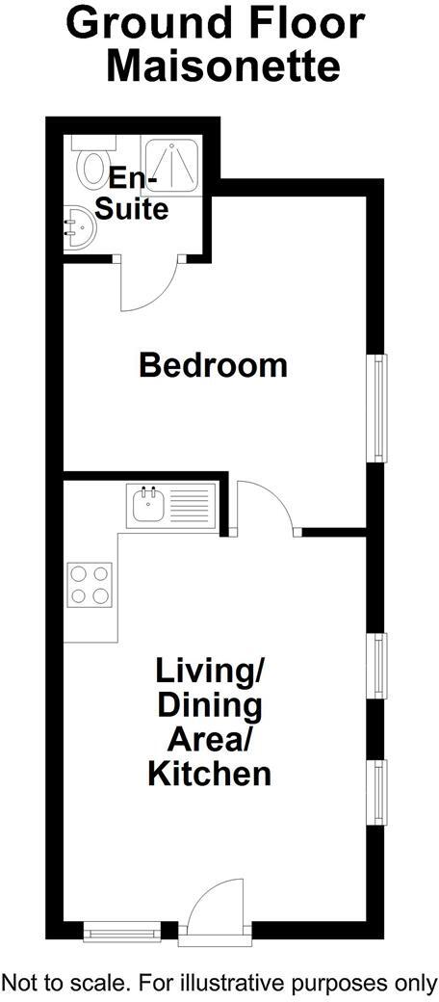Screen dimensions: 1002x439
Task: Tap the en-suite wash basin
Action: point(76,230)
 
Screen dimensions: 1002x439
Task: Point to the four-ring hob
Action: point(90,584)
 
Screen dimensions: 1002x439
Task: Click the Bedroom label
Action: point(213,366)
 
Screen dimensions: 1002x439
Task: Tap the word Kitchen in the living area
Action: point(209,773)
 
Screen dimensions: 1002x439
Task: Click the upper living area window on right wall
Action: point(380,666)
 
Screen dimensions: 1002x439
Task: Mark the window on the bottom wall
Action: point(121,931)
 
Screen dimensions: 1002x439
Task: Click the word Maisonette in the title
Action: point(222,66)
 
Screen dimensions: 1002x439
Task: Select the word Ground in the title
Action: point(143,23)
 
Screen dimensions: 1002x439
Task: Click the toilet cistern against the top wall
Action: point(93,142)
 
